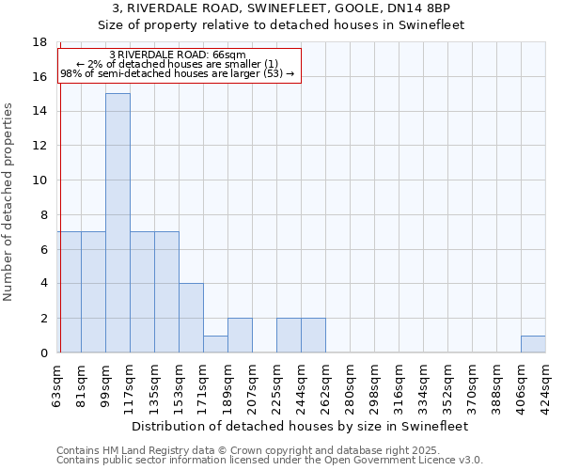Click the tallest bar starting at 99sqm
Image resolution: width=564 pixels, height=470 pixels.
coord(117,223)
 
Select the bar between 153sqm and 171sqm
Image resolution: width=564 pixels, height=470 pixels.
coord(191,318)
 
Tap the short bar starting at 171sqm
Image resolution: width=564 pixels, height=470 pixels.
coord(215,344)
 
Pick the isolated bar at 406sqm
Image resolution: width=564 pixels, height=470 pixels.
coord(533,344)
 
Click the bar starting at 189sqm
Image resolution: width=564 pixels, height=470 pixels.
coord(240,336)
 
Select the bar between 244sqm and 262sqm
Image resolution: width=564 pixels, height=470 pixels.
coord(313,336)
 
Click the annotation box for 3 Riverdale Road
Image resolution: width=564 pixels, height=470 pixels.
coord(179,64)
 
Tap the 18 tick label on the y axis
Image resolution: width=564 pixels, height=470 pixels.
coord(39,42)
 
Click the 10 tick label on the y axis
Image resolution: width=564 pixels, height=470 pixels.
coord(39,180)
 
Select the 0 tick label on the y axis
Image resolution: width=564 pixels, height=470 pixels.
coord(43,353)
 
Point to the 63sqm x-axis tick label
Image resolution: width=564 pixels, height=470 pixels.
coord(56,384)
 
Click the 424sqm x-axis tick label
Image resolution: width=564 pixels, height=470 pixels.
coord(545,384)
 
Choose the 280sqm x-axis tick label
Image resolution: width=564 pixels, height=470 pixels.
coord(350,384)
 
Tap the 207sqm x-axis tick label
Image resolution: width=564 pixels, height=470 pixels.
coord(252,384)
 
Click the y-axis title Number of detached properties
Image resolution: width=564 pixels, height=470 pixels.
coord(9,202)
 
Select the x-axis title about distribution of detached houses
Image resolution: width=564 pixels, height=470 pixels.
coord(301,426)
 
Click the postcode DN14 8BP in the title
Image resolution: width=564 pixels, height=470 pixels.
coord(425,8)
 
